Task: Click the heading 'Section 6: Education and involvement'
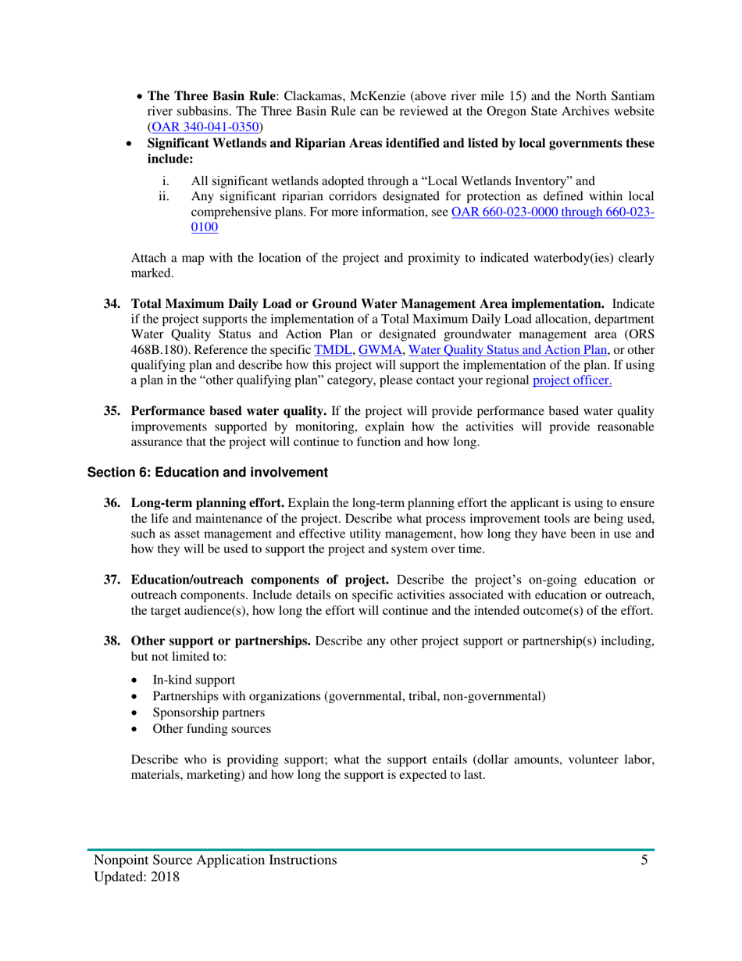pyautogui.click(x=205, y=472)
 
